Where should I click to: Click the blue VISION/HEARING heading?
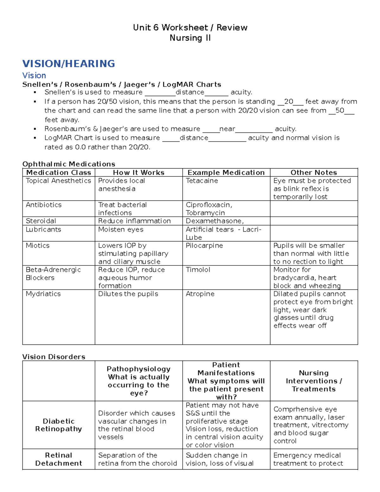click(68, 64)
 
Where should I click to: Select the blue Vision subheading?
click(34, 75)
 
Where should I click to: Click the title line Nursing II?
click(190, 38)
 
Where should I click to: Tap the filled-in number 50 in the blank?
click(340, 111)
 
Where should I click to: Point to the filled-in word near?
click(227, 129)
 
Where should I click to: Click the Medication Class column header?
click(59, 173)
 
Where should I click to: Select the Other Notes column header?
click(313, 173)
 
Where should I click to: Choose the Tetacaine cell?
click(202, 181)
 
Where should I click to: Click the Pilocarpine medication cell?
click(204, 246)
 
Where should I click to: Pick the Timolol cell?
click(198, 270)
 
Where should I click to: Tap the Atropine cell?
click(200, 294)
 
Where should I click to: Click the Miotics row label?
click(37, 246)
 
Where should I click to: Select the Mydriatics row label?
click(43, 294)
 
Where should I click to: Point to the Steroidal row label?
click(41, 221)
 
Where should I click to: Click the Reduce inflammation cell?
click(134, 221)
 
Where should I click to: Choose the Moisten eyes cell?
click(121, 230)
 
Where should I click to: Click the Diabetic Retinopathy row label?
click(59, 425)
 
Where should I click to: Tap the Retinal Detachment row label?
click(59, 459)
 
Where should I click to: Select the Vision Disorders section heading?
click(54, 357)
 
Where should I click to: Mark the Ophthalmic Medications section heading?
click(68, 164)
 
